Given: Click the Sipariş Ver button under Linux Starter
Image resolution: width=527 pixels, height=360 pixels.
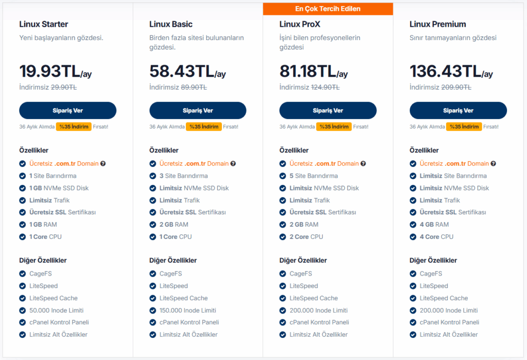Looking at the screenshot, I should (67, 111).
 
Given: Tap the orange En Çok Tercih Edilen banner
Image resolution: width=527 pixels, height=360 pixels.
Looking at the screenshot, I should (328, 9).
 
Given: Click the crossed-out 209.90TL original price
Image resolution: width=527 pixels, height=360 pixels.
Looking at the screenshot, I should (456, 88).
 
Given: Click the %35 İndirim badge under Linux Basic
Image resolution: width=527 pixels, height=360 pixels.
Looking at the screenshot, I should (204, 127).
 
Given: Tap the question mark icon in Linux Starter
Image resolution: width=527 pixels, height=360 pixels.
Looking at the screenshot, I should (103, 164).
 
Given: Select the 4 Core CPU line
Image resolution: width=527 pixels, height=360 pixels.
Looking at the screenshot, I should (436, 237).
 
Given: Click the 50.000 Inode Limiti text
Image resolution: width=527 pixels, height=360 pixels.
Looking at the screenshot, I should (57, 311).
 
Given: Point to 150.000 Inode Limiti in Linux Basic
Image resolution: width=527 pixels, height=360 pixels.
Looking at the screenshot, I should (187, 311).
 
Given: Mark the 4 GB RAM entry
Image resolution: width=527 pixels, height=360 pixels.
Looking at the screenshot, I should (434, 225).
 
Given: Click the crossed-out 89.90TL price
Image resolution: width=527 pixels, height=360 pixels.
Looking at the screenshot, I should (194, 88).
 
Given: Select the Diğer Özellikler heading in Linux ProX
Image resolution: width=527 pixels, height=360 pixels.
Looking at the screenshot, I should (303, 261).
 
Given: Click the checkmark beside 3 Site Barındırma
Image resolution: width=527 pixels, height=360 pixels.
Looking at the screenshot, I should (153, 176).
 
